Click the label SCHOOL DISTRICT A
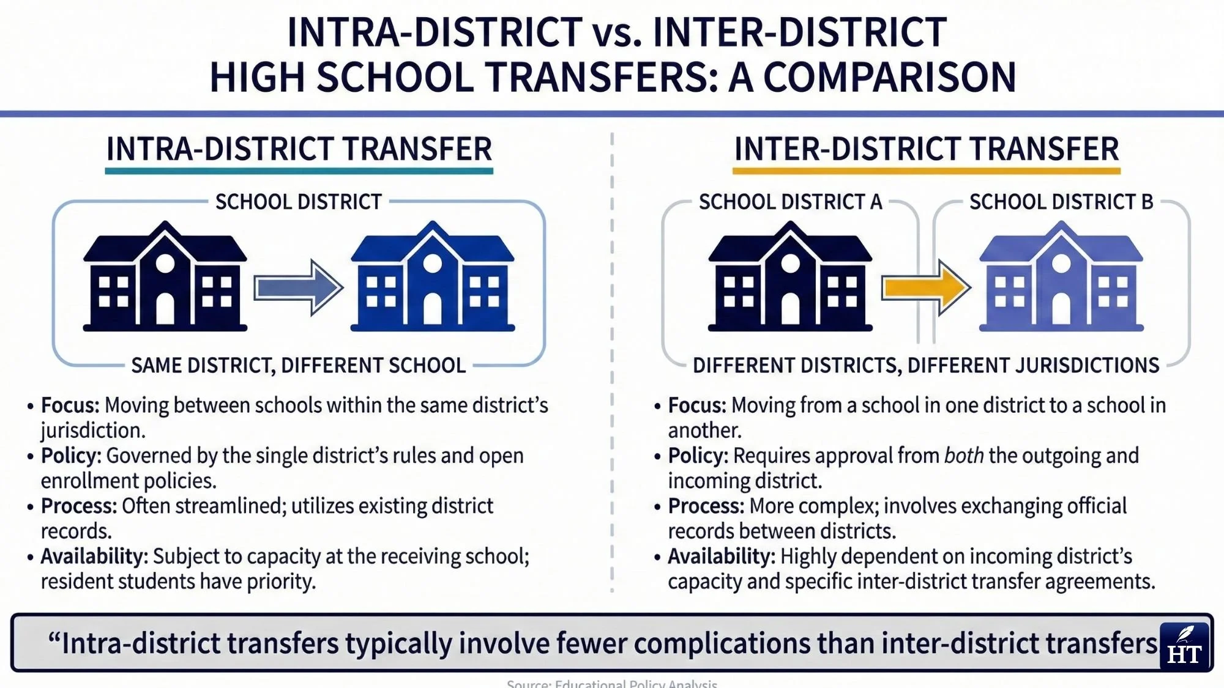[x=790, y=202]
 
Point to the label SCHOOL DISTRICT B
[x=1061, y=202]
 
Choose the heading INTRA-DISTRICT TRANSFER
[x=299, y=149]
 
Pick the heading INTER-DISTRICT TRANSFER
[x=927, y=149]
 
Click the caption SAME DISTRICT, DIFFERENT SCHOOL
[x=298, y=366]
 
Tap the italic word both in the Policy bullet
[x=964, y=456]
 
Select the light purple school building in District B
[x=1061, y=278]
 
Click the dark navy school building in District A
[x=790, y=278]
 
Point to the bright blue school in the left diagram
[x=432, y=278]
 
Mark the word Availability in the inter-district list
[x=721, y=557]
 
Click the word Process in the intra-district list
[x=78, y=506]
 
